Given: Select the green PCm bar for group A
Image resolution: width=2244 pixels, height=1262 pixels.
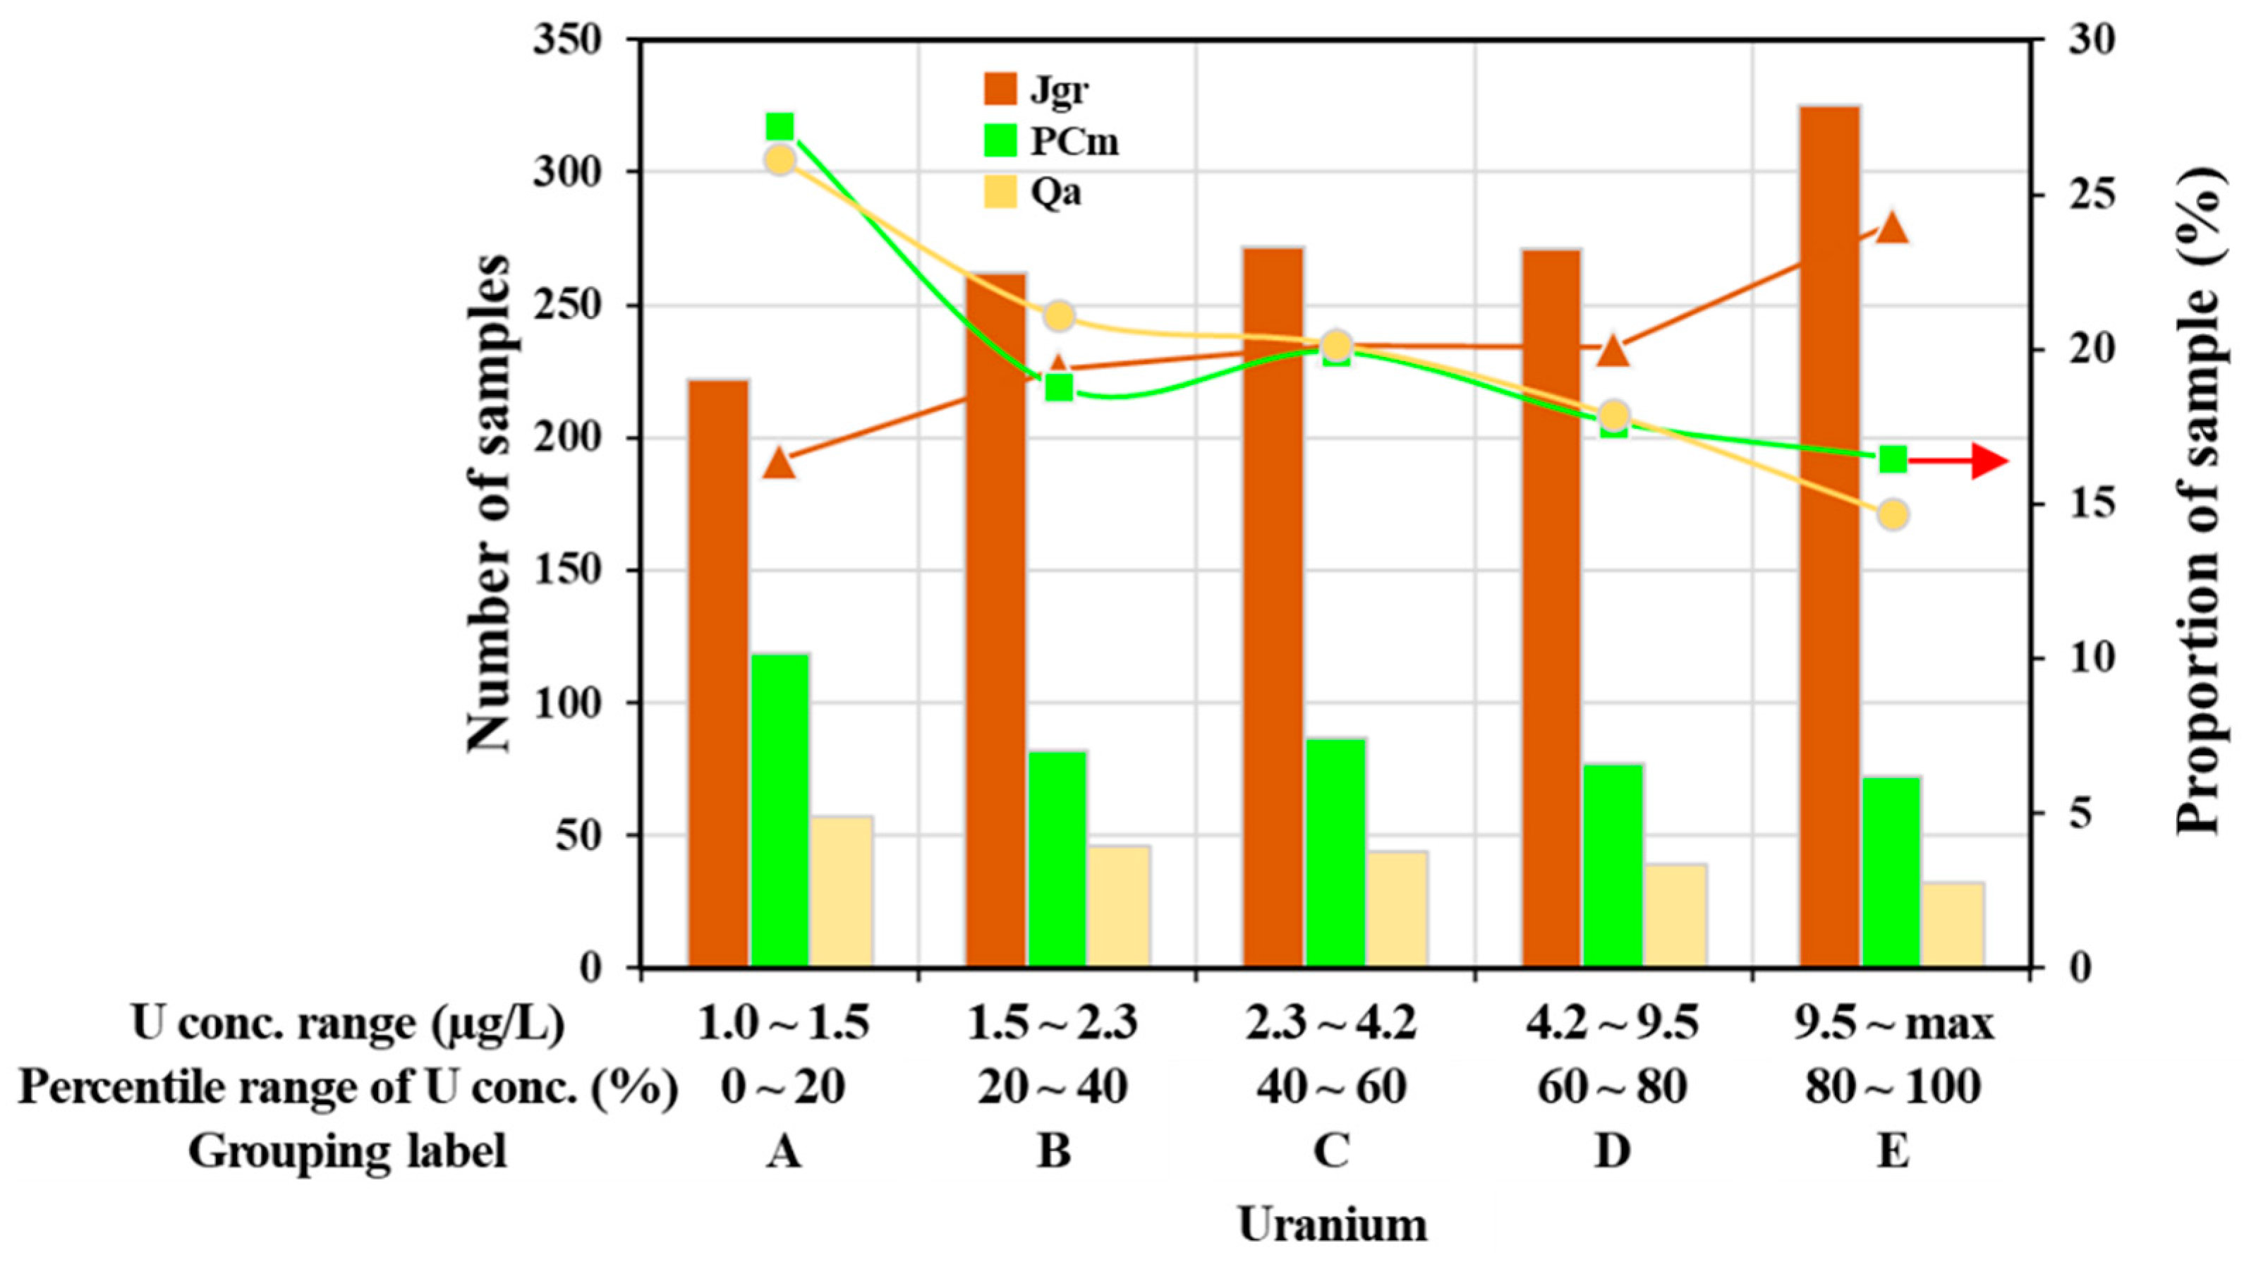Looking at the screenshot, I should (780, 810).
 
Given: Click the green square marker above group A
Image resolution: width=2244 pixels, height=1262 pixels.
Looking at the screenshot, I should (780, 127).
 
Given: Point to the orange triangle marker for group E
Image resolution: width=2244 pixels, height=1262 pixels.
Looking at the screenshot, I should (1892, 228).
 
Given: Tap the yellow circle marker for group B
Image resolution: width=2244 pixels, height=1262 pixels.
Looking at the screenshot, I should (1058, 316).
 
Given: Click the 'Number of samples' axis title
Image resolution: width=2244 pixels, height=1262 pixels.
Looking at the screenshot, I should (489, 504).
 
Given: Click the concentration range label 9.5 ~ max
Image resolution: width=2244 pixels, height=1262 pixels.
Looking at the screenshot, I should (1893, 1024).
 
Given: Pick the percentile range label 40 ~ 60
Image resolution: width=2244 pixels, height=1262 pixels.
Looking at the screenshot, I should (1332, 1087).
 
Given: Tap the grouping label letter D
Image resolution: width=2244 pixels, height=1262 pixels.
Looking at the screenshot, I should (1613, 1151).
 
